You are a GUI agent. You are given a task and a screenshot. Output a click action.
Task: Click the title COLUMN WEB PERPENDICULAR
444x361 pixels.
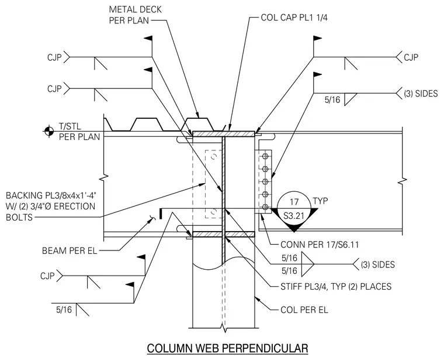coord(227,348)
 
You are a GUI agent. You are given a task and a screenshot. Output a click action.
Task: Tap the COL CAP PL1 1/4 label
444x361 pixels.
coord(294,18)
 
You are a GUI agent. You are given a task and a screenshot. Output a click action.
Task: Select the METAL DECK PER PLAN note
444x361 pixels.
coord(135,15)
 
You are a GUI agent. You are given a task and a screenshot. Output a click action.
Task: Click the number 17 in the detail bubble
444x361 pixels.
coord(294,202)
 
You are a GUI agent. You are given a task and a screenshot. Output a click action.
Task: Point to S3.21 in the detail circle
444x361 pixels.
coord(294,216)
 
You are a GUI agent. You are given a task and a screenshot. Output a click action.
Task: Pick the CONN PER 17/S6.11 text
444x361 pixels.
coord(320,245)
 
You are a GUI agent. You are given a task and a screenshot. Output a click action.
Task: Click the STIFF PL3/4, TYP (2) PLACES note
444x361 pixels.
coord(336,287)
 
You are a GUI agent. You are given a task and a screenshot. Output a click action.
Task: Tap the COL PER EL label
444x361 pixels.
coord(304,310)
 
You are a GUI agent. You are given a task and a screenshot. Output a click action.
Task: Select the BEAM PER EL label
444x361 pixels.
coord(70,250)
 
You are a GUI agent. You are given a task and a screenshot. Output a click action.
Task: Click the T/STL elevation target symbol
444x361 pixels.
coord(48,131)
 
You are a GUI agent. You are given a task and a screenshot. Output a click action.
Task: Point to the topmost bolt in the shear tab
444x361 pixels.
coord(265,156)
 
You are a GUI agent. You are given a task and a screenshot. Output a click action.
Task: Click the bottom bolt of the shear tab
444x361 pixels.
coord(265,207)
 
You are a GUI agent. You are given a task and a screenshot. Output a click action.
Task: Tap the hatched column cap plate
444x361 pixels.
coord(224,133)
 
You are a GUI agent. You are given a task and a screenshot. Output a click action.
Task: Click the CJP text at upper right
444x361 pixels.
coord(411,57)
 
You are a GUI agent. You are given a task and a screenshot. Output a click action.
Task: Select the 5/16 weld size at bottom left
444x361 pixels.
coord(64,310)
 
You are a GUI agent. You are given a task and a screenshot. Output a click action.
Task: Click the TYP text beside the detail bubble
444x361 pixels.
coord(320,201)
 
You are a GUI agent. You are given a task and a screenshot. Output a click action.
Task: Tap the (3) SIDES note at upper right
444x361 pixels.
coord(421,93)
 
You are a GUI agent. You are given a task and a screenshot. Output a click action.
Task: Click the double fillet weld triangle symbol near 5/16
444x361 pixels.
coord(307,264)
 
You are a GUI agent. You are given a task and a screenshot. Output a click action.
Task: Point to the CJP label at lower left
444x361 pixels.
coord(47,276)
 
